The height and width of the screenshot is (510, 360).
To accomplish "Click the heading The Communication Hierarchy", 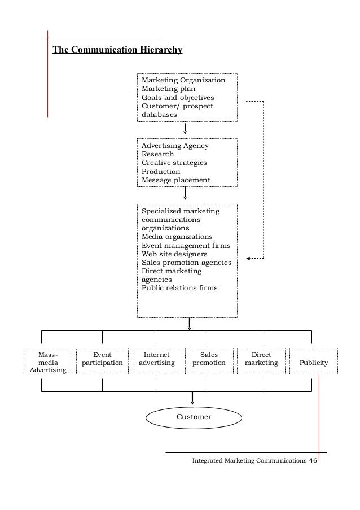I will (117, 50).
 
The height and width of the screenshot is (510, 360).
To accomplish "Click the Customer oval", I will (194, 417).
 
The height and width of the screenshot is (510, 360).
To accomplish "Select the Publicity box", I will (314, 362).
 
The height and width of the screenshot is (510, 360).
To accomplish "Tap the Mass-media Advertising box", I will (48, 362).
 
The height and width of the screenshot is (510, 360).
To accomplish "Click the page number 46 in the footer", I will (313, 461).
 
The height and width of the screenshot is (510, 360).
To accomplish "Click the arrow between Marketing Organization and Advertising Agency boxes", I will (185, 130).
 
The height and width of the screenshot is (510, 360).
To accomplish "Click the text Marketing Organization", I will (183, 80).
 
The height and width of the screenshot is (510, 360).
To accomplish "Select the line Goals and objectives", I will (178, 97).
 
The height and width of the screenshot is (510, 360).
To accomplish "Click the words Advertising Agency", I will (175, 146).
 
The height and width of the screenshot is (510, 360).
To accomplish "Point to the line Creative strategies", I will (174, 163).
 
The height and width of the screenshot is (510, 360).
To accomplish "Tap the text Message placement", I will (175, 180).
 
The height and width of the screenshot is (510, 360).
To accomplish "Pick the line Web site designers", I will (174, 254).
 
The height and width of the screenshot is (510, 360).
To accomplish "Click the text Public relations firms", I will (179, 288).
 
